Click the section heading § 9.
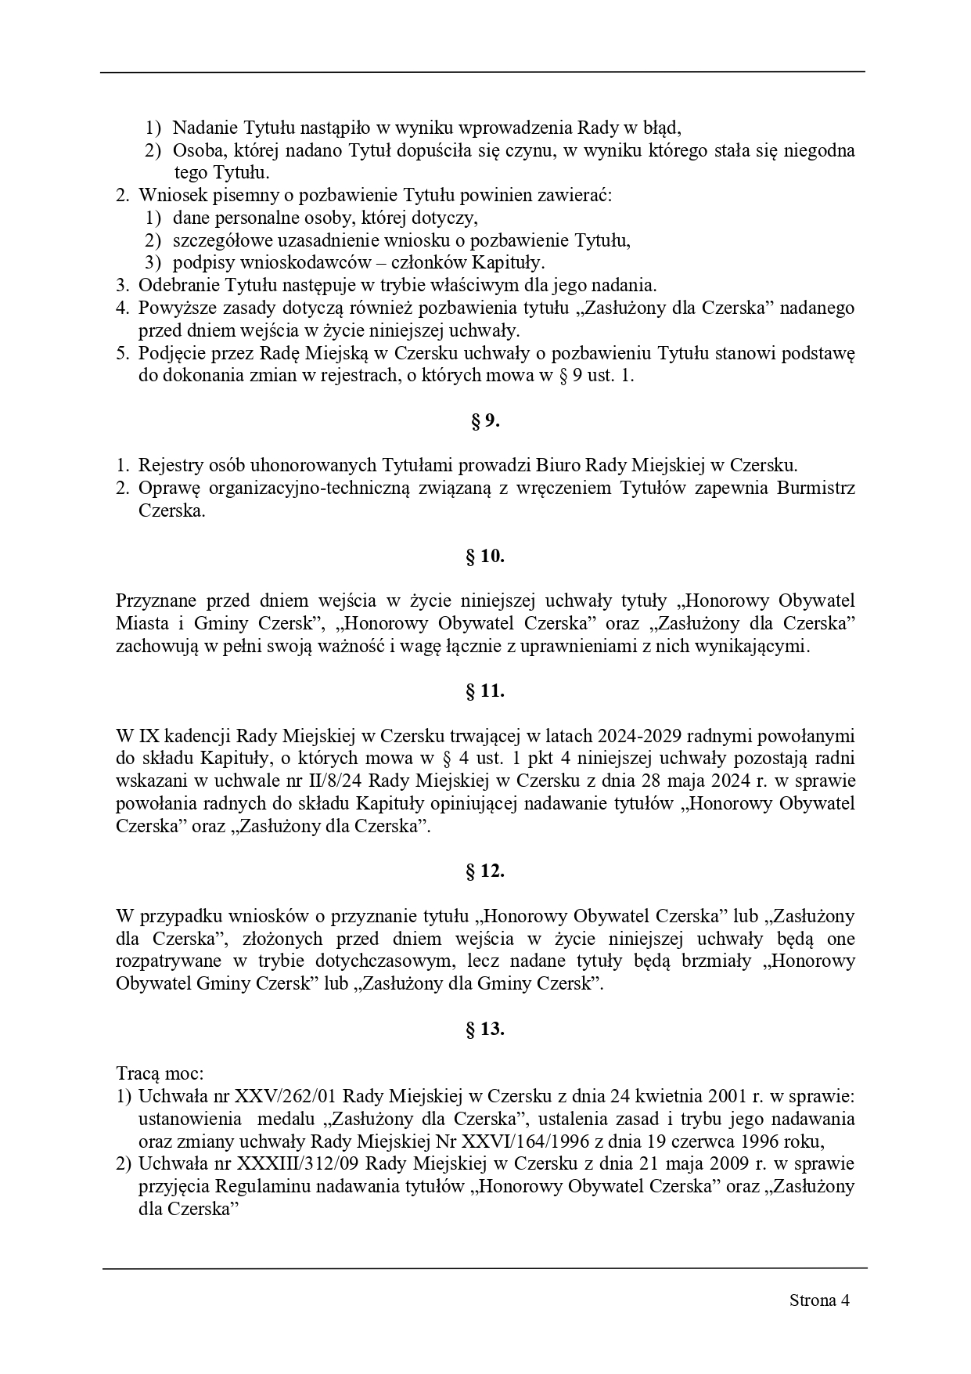pos(485,421)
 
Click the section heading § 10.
pos(485,557)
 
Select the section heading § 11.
pos(485,691)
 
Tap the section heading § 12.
pos(485,871)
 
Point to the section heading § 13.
pos(485,1030)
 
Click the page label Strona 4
pos(819,1300)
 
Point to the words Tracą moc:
pos(160,1073)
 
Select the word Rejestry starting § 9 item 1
pos(169,466)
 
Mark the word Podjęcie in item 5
pos(171,353)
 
